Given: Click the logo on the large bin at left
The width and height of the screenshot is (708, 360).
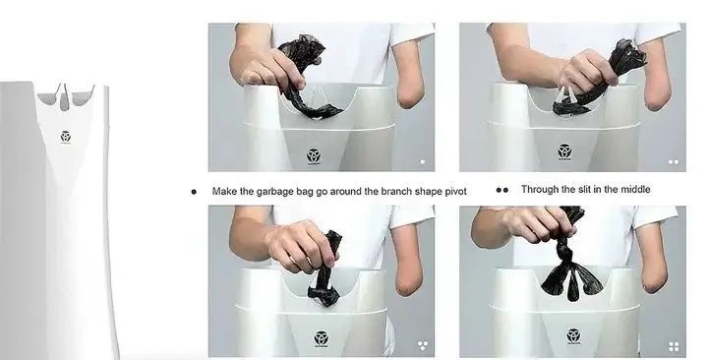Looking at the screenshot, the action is click(66, 137).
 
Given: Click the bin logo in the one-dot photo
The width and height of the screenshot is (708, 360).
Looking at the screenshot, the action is click(314, 156).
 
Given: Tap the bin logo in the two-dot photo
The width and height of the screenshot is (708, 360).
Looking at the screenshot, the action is click(564, 151).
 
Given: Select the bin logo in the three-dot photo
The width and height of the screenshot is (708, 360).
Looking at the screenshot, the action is click(321, 338).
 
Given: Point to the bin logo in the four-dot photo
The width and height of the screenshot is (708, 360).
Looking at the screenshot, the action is click(573, 336).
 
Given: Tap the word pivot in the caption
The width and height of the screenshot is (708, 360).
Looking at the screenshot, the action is click(455, 191).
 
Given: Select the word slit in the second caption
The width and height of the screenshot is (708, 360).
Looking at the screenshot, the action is click(584, 189).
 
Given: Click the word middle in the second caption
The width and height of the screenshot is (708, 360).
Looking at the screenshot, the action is click(635, 189).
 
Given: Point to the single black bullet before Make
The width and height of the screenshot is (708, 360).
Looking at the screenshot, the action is click(194, 192).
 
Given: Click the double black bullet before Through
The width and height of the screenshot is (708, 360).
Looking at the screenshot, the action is click(502, 190).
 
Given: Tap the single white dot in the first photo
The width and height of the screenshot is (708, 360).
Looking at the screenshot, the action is click(423, 161).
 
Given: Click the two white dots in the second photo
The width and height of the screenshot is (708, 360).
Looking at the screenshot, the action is click(674, 162).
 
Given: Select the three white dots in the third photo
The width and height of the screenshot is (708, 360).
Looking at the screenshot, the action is click(423, 346).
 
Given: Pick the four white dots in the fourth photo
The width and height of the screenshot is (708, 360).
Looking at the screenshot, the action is click(675, 346).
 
